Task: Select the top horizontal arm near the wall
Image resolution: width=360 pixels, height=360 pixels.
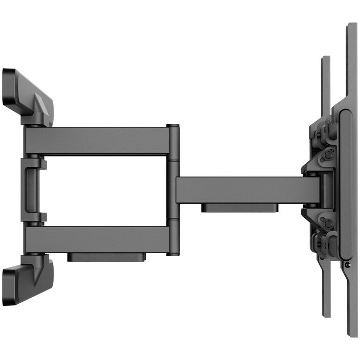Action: click(97, 140)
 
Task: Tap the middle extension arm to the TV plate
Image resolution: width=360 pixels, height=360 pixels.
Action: click(240, 190)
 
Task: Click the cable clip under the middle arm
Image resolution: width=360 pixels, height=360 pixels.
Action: click(239, 208)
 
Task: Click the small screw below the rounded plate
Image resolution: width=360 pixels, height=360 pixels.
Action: click(347, 265)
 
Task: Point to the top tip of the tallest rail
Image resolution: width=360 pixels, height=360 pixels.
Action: click(351, 26)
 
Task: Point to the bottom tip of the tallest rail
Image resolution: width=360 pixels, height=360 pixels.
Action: click(351, 334)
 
